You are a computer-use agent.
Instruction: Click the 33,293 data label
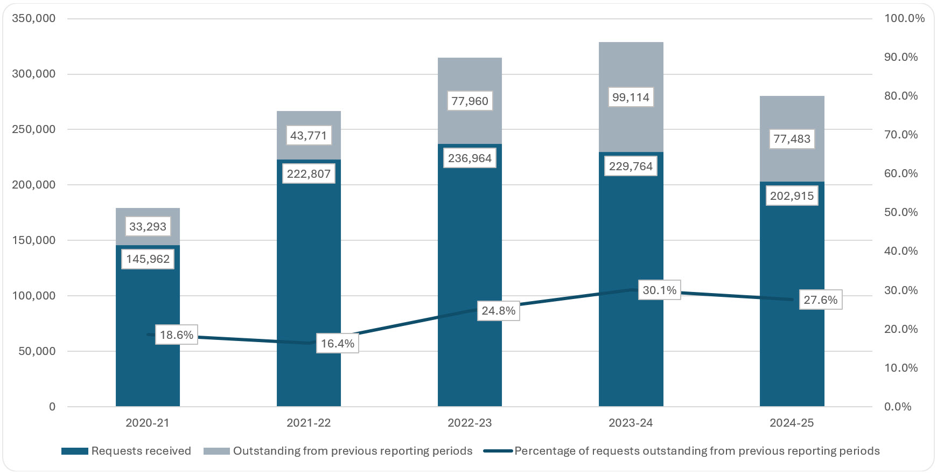coord(148,226)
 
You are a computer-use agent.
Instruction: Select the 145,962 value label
coord(148,259)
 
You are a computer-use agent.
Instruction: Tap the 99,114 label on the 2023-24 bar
coord(631,98)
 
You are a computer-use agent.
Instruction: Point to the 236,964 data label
coord(470,158)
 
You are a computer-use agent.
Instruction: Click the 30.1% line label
coord(659,290)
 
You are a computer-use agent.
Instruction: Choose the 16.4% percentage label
coord(337,344)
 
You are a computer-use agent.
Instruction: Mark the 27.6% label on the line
coord(820,300)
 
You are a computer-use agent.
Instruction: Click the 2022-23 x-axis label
coord(470,423)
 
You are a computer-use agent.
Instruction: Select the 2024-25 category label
coord(792,423)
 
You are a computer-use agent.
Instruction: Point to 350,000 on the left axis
coord(33,18)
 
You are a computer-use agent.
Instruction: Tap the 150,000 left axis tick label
coord(33,240)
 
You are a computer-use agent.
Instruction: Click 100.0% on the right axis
coord(904,18)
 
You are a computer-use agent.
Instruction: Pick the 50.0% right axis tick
coord(901,212)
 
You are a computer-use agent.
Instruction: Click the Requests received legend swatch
coord(74,451)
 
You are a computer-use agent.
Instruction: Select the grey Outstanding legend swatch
coord(216,451)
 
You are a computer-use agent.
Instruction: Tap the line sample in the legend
coord(497,451)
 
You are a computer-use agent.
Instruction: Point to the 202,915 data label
coord(792,196)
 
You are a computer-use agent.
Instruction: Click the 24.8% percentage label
coord(498,311)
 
